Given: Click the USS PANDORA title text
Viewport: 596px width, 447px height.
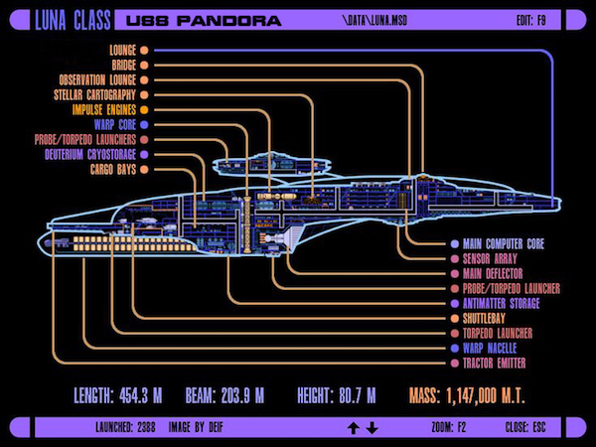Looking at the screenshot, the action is (x=204, y=21).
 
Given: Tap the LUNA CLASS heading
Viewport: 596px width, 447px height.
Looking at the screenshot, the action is (x=73, y=20).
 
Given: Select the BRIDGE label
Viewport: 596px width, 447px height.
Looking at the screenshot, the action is (x=123, y=65).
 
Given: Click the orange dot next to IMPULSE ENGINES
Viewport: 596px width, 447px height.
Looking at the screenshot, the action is (x=144, y=110).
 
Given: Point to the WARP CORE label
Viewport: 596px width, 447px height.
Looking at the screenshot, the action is (x=115, y=125).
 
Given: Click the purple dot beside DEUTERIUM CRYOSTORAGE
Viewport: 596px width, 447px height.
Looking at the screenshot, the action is (x=144, y=155).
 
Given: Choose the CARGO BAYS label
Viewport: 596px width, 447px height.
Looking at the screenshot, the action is (x=113, y=170).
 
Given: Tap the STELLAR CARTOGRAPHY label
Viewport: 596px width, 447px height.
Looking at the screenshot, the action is (x=94, y=95).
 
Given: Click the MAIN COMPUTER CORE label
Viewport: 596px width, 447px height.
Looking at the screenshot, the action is (x=504, y=244).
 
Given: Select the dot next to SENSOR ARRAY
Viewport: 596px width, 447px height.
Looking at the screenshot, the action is (x=455, y=259).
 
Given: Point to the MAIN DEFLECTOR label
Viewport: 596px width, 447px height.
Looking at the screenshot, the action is (x=493, y=274).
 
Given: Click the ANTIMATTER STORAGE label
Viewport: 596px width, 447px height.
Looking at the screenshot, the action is (x=501, y=303).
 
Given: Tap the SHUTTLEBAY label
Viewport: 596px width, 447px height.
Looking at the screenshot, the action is (x=484, y=318).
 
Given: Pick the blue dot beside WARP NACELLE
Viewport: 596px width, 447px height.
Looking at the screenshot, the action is (x=455, y=349).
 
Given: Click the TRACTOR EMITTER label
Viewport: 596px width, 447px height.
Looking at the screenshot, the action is (x=494, y=363).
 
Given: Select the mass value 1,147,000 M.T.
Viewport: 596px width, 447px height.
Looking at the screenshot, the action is (x=486, y=395).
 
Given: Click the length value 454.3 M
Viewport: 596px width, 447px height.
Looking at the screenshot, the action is (x=141, y=395).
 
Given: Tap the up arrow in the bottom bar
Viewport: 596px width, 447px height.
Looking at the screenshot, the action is (x=354, y=428).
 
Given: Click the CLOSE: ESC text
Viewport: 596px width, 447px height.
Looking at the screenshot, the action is (x=525, y=427).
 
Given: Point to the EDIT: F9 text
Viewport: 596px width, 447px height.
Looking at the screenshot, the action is (x=531, y=20).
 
